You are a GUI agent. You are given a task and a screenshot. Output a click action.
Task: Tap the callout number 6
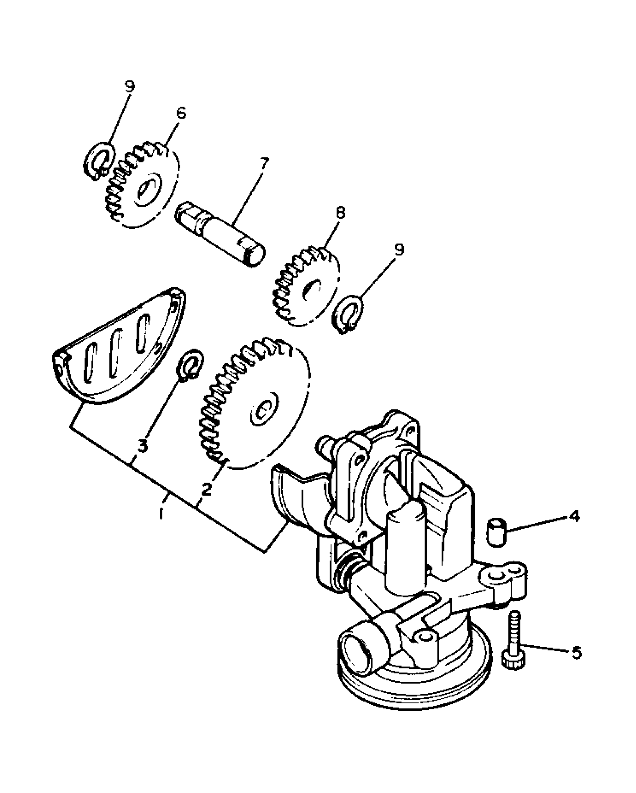coord(181,113)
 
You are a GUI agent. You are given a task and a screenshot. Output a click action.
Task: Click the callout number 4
coord(574,516)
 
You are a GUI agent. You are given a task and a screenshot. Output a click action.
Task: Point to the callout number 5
coord(576,652)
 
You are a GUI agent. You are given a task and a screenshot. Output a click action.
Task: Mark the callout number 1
coord(161,513)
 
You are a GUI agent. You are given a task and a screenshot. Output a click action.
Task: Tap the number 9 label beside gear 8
coord(400,249)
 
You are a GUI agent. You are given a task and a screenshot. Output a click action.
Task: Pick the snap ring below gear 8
coord(346,314)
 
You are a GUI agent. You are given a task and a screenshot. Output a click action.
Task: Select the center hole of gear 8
coord(311,289)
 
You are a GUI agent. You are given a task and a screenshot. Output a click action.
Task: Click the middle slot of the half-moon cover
coord(115,358)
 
